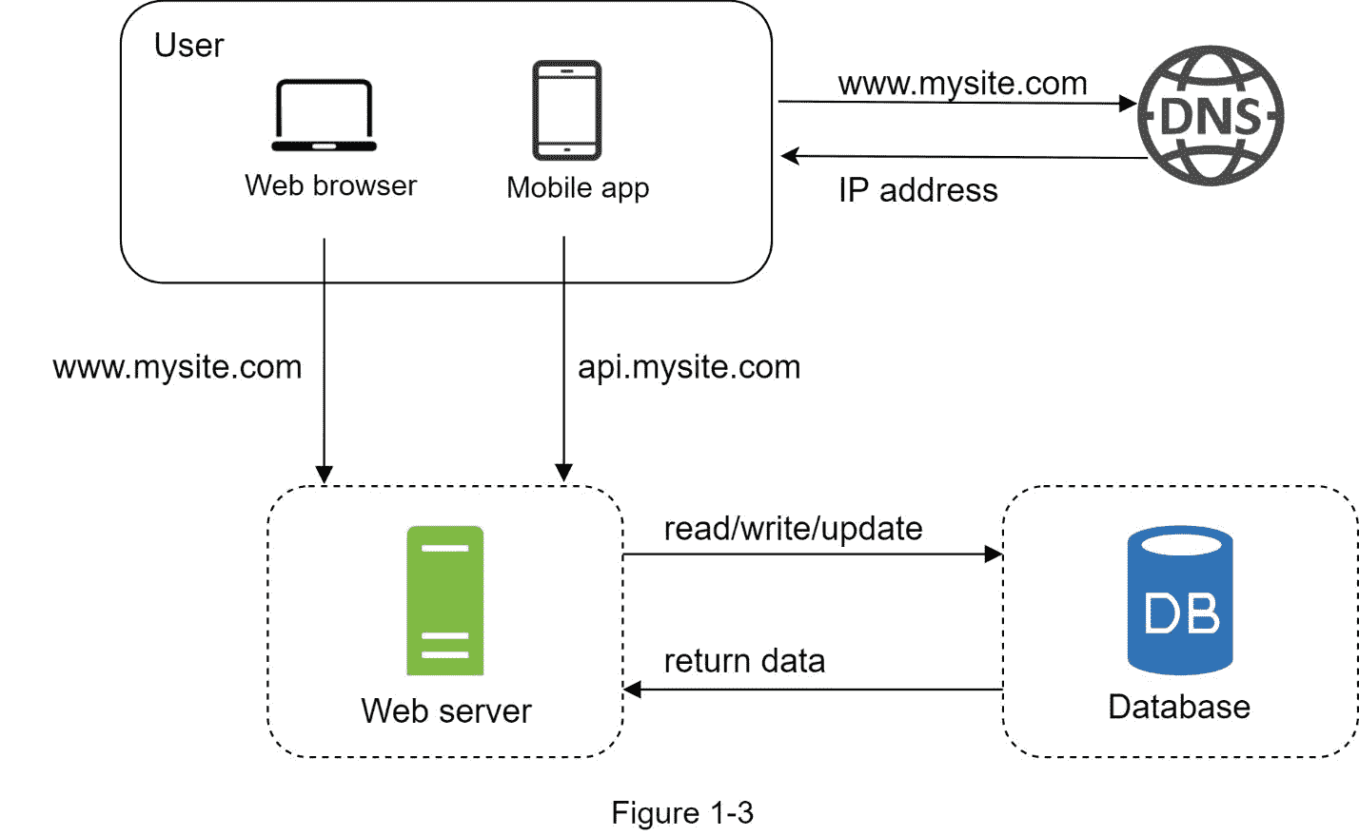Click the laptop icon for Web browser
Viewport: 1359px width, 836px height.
pyautogui.click(x=324, y=115)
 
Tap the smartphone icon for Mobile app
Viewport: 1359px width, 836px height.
pyautogui.click(x=566, y=110)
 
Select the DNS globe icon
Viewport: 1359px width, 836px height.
pyautogui.click(x=1211, y=115)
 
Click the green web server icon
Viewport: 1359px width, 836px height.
pyautogui.click(x=444, y=600)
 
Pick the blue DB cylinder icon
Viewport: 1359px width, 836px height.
pyautogui.click(x=1180, y=600)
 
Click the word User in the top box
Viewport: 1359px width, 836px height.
pyautogui.click(x=188, y=46)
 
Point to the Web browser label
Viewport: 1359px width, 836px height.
pyautogui.click(x=330, y=185)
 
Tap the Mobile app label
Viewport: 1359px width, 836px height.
pyautogui.click(x=578, y=187)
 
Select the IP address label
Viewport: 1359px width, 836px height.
pyautogui.click(x=917, y=190)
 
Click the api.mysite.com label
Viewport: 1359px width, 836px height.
pyautogui.click(x=689, y=367)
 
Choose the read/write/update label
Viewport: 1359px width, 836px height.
pyautogui.click(x=793, y=529)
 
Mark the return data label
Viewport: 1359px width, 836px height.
pyautogui.click(x=744, y=661)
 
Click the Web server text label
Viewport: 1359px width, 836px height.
pyautogui.click(x=445, y=710)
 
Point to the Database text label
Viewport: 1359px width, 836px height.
pyautogui.click(x=1179, y=707)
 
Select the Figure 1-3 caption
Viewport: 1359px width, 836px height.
pyautogui.click(x=682, y=813)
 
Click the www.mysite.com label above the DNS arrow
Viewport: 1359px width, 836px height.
pyautogui.click(x=962, y=84)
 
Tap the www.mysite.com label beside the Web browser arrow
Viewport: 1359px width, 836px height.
pyautogui.click(x=177, y=367)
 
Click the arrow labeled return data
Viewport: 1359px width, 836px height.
pyautogui.click(x=813, y=690)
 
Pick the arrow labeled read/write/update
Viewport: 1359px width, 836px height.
pyautogui.click(x=813, y=554)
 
